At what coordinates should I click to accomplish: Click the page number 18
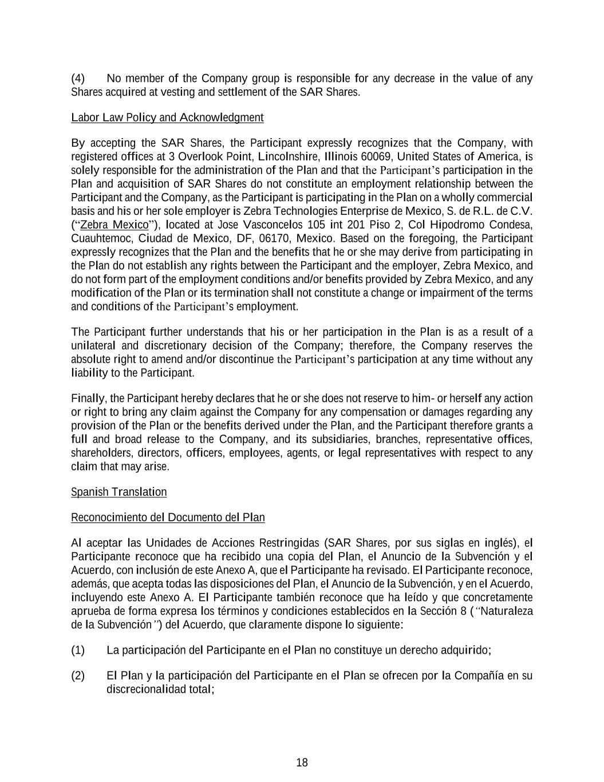[x=302, y=763]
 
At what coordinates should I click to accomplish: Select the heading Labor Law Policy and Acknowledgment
[x=167, y=117]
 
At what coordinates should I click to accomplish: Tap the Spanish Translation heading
[x=119, y=492]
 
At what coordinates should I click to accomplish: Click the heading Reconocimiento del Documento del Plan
[x=168, y=517]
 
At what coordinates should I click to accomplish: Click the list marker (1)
[x=78, y=650]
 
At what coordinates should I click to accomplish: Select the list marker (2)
[x=78, y=675]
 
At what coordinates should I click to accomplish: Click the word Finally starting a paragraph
[x=88, y=399]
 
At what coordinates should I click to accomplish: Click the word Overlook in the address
[x=197, y=156]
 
